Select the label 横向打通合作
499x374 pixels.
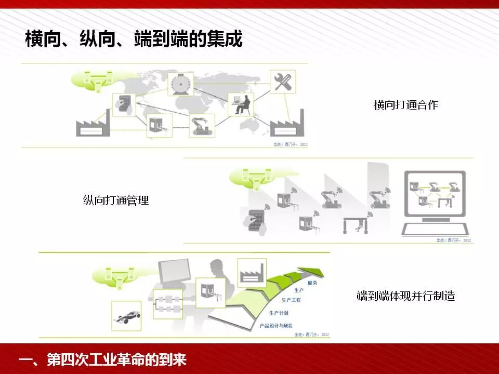tap(405, 105)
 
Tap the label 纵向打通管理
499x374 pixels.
tap(116, 200)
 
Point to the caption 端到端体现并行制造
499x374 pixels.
tap(405, 296)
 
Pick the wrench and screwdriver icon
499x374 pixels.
tap(283, 82)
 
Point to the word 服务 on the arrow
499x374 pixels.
tap(312, 283)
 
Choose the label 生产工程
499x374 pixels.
tap(291, 300)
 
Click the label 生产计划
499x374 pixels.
tap(279, 313)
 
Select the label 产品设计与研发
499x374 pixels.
tap(275, 326)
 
